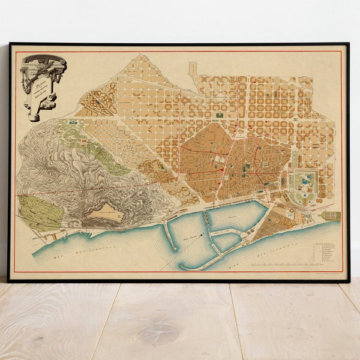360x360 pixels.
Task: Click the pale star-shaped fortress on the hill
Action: tap(104, 211)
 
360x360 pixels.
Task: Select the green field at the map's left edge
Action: tap(40, 213)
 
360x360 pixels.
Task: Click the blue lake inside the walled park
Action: tap(307, 180)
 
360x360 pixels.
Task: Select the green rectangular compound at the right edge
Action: tap(332, 216)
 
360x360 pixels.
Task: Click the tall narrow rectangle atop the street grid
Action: tap(193, 67)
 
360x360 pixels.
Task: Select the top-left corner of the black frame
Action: tap(10, 44)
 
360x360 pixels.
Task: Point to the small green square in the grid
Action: tap(220, 115)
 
